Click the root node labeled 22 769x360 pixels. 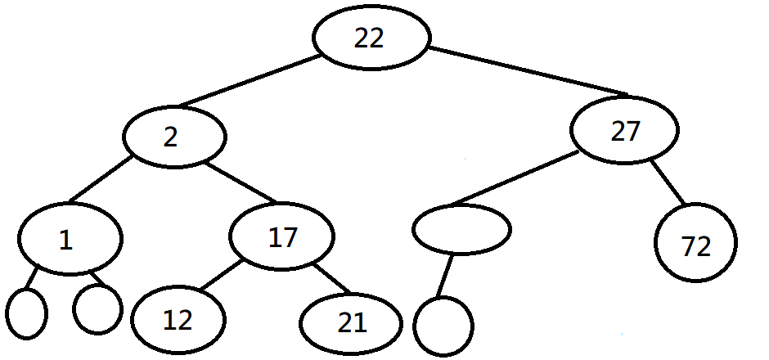(371, 38)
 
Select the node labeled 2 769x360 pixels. (173, 137)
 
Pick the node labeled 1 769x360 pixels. (70, 238)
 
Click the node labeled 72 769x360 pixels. (696, 245)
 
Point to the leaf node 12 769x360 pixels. (178, 320)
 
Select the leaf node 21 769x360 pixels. (351, 324)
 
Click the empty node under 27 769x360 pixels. (461, 230)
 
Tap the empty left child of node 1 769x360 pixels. (26, 313)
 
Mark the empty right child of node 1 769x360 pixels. (97, 308)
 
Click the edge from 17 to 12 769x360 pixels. (218, 276)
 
